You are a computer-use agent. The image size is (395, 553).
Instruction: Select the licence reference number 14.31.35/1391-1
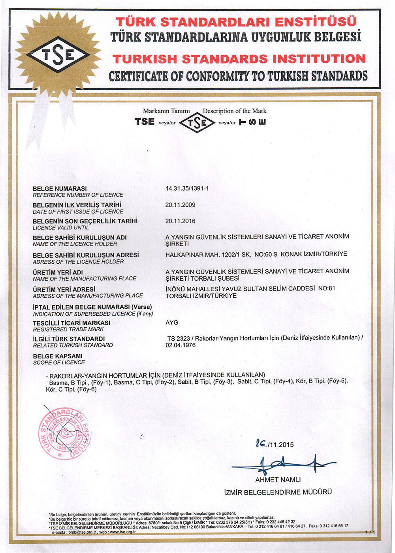[187, 189]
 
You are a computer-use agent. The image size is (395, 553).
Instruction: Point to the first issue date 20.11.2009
[180, 205]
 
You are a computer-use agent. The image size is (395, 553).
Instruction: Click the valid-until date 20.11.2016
[180, 221]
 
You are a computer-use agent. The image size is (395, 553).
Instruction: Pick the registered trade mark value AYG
[172, 322]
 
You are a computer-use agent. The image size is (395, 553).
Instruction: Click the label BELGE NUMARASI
[60, 189]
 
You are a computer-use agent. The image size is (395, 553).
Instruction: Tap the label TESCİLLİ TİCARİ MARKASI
[71, 323]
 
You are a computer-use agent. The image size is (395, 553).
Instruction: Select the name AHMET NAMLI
[278, 480]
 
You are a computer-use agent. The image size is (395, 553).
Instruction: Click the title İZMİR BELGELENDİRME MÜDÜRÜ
[278, 492]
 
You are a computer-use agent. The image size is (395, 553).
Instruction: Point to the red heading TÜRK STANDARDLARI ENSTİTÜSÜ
[236, 21]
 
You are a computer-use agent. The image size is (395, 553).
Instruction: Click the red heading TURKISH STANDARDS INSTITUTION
[239, 59]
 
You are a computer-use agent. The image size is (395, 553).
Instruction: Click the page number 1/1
[370, 532]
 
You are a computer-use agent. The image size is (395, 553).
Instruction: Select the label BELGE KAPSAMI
[58, 356]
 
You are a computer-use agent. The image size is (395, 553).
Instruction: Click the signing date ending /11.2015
[275, 445]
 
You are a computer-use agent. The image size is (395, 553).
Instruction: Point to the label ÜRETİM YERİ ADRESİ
[64, 289]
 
